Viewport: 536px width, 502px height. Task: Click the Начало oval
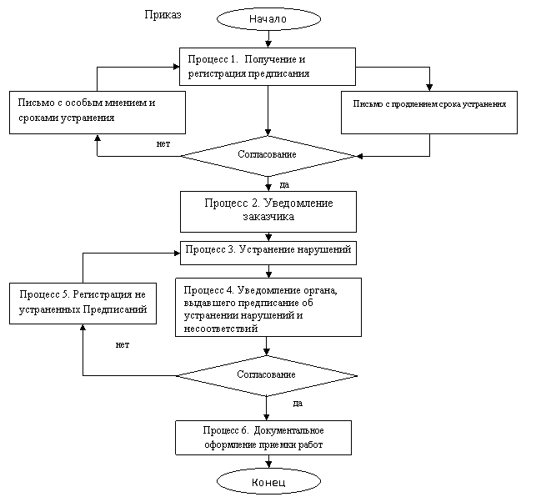click(268, 18)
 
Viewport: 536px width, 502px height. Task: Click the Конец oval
click(268, 482)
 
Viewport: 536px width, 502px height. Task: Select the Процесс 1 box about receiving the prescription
click(267, 67)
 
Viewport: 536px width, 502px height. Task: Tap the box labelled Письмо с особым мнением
click(97, 112)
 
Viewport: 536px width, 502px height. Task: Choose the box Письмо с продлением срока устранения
click(429, 112)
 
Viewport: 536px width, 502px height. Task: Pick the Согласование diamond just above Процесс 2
click(267, 155)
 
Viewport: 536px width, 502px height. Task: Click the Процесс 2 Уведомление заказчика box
click(268, 211)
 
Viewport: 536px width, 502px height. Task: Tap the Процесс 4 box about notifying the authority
click(268, 307)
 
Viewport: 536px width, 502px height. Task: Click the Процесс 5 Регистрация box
click(83, 303)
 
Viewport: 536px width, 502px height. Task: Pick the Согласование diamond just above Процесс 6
click(265, 375)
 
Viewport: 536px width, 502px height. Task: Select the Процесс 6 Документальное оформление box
click(263, 438)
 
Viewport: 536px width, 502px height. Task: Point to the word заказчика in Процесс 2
click(268, 218)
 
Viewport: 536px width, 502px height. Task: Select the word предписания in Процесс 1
click(280, 74)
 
